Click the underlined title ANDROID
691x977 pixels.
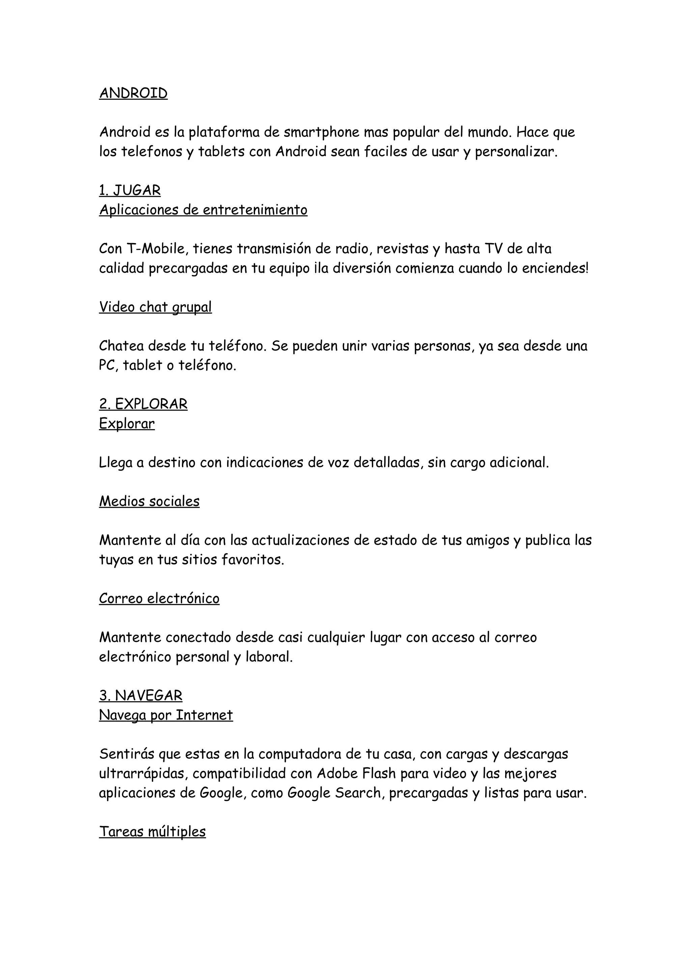(133, 93)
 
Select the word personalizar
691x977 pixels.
(516, 152)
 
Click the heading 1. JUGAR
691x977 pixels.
(130, 190)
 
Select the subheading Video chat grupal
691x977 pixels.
(156, 307)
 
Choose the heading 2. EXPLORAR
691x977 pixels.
(143, 404)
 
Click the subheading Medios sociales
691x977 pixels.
(149, 501)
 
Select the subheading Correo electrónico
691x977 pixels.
(159, 599)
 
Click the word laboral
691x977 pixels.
(269, 657)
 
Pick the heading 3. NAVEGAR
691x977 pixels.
(140, 696)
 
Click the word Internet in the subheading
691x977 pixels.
(204, 715)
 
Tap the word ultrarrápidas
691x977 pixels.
(143, 774)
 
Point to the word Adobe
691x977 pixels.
(336, 774)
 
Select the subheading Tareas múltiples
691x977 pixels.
(153, 832)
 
